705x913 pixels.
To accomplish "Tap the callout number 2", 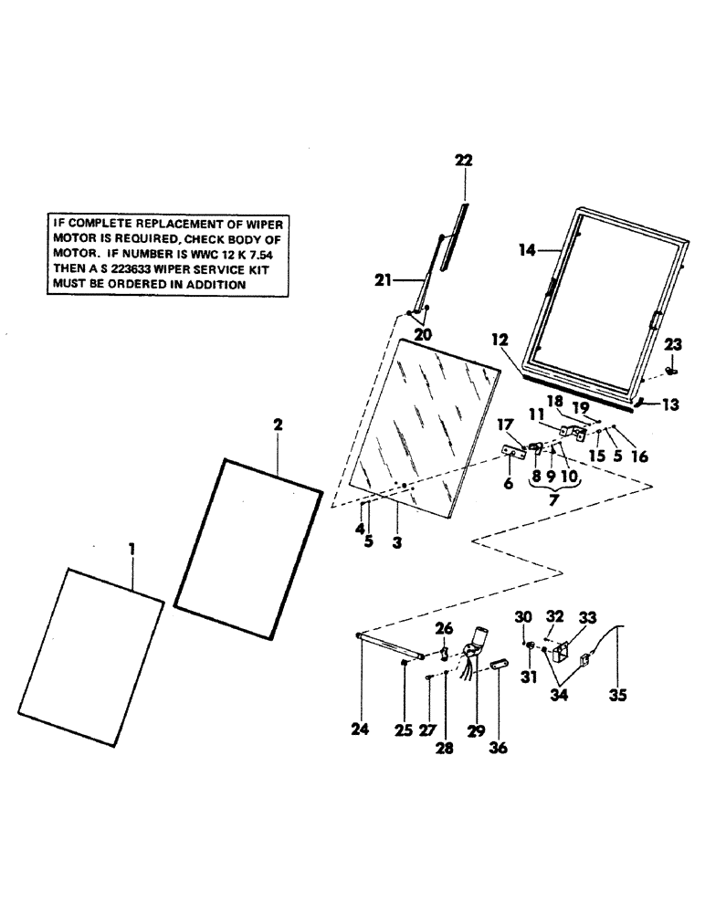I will [278, 425].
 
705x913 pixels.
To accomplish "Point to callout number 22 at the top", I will [464, 160].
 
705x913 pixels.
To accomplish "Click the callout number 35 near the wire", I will [616, 695].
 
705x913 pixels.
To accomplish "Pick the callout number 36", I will [498, 748].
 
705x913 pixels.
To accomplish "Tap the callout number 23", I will [672, 345].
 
